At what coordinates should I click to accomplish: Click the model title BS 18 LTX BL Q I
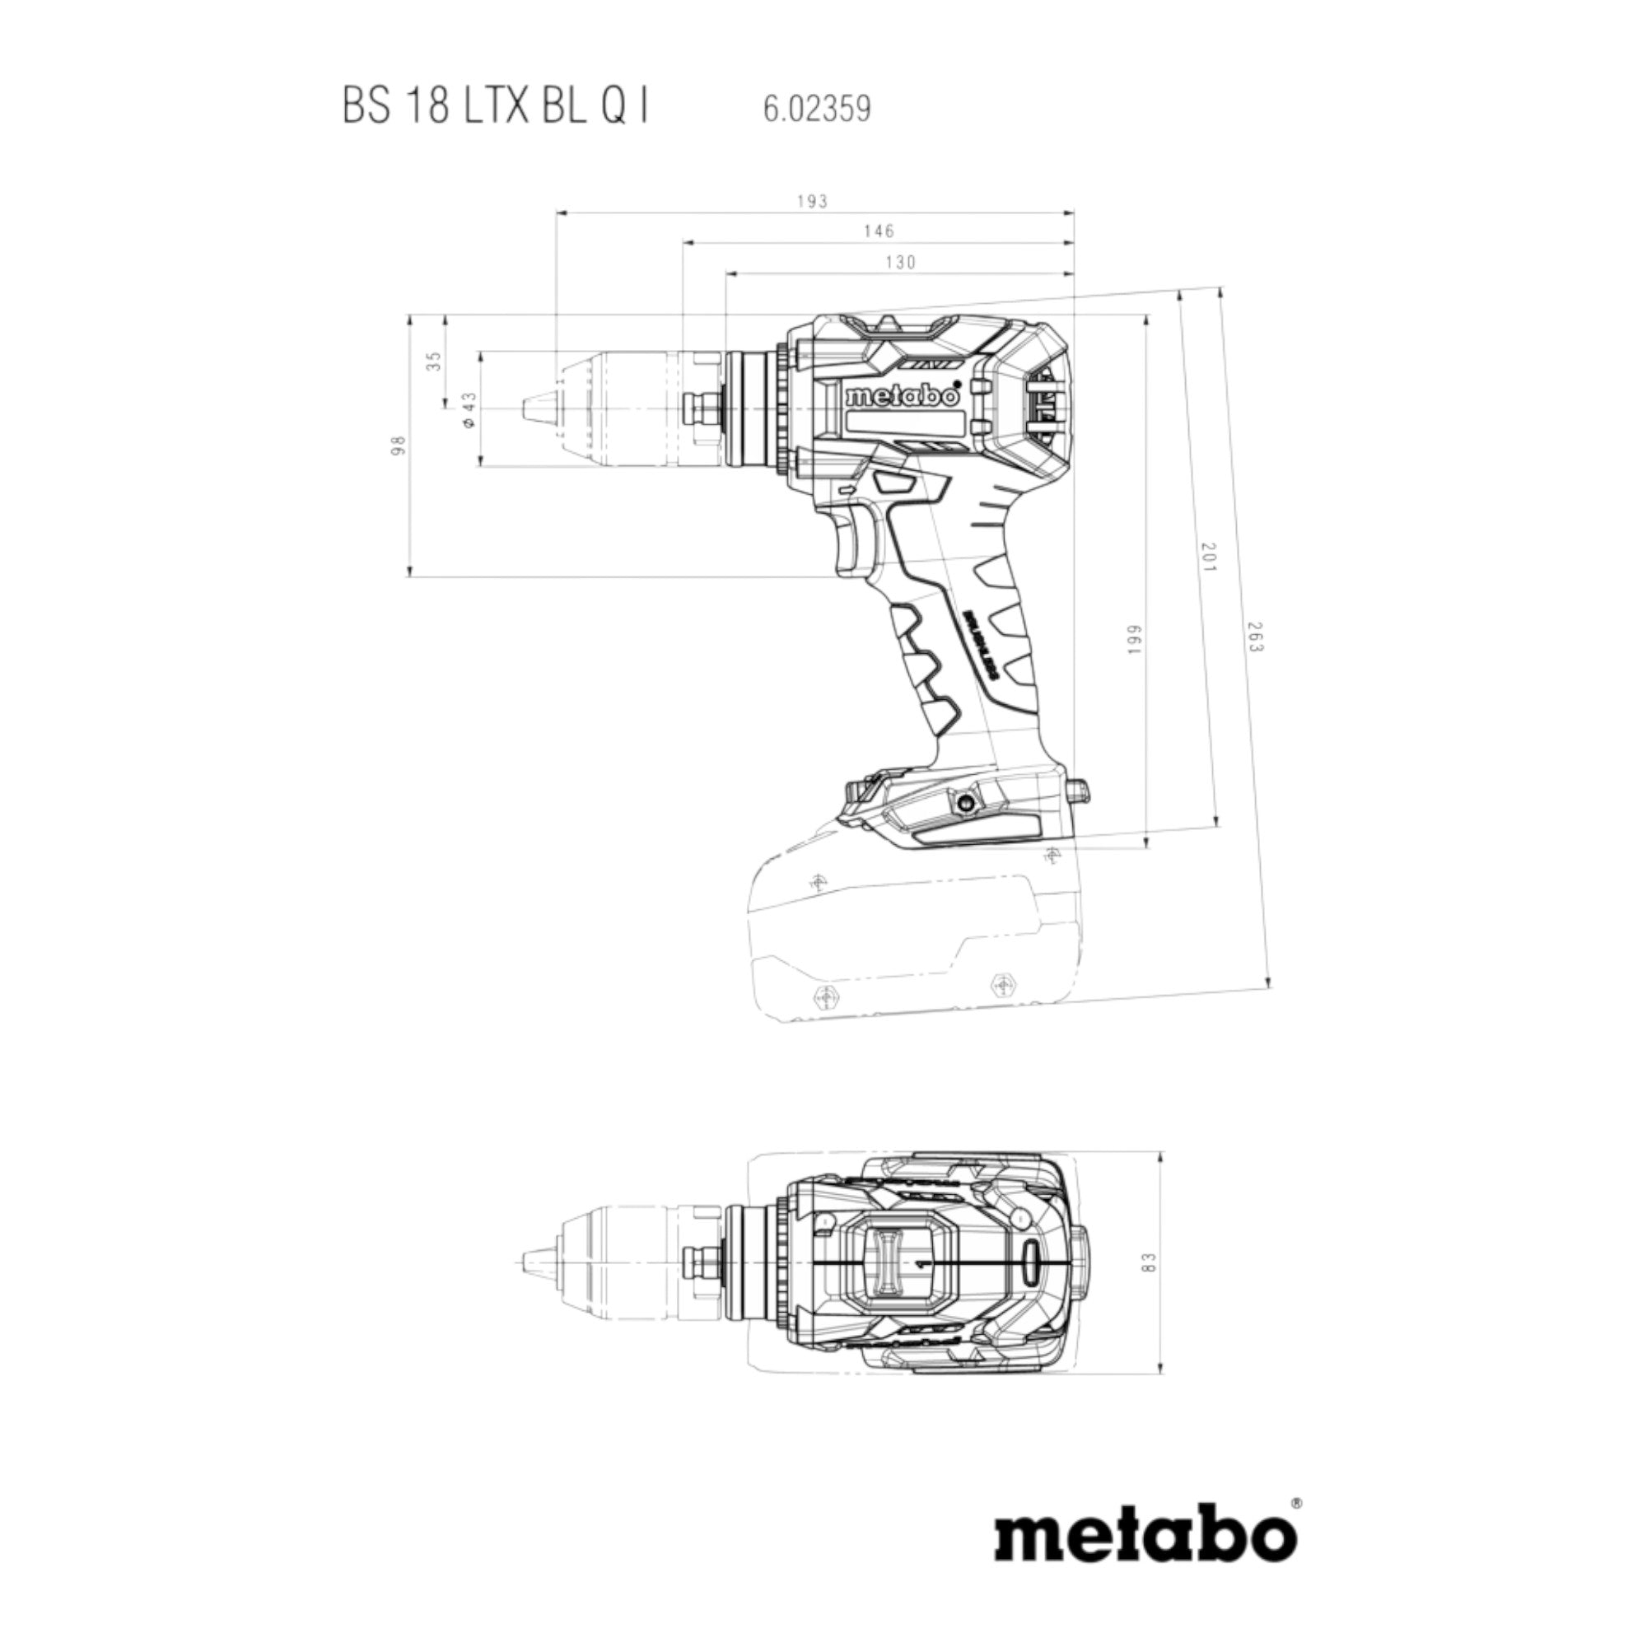tap(495, 110)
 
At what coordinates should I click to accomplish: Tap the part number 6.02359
tap(817, 110)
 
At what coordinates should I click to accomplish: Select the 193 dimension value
tap(813, 201)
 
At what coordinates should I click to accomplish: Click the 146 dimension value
tap(878, 231)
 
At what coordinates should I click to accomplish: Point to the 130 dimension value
tap(900, 263)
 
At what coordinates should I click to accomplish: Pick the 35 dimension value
tap(435, 362)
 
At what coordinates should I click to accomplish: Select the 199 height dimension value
tap(1135, 641)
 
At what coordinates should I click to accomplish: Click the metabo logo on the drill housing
tap(903, 398)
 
